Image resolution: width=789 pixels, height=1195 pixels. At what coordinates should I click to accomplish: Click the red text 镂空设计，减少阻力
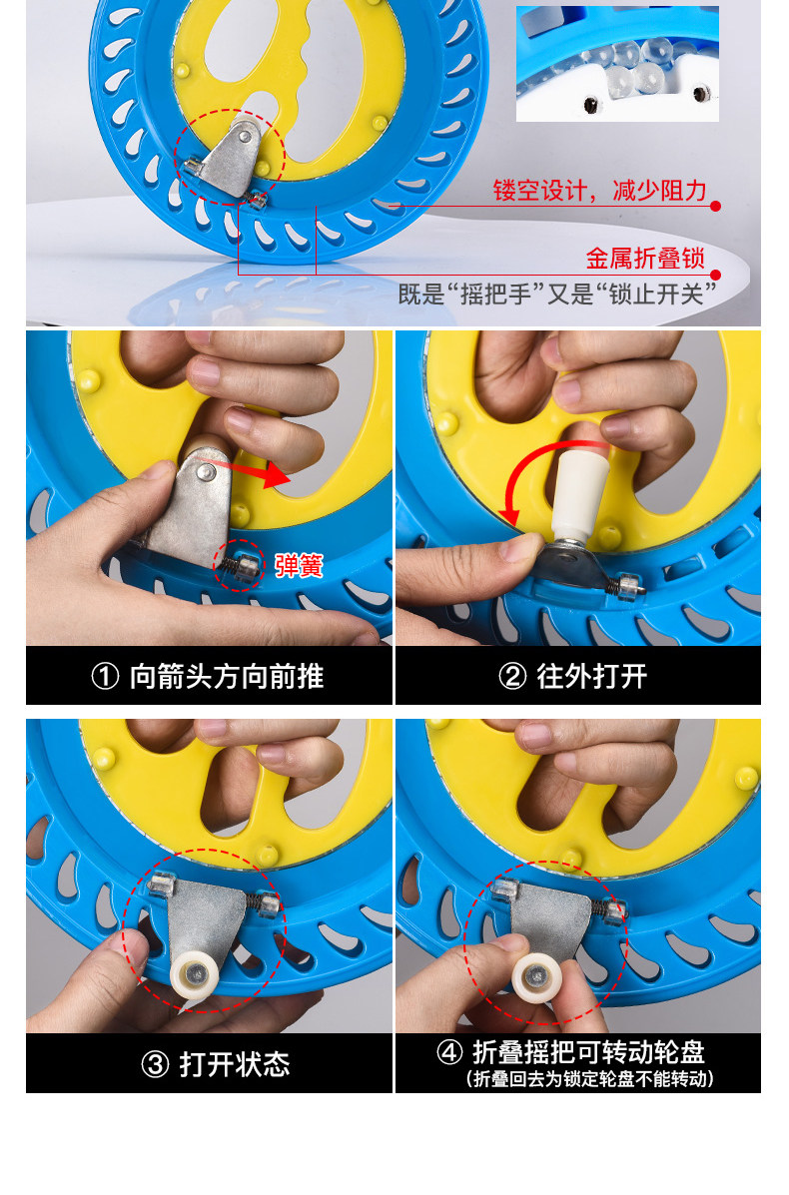point(599,190)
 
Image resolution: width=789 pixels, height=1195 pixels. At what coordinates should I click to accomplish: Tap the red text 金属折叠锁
point(645,258)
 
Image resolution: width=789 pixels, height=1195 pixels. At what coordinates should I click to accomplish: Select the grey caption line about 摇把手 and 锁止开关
point(557,294)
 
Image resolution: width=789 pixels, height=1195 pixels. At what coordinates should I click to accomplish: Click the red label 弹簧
point(299,565)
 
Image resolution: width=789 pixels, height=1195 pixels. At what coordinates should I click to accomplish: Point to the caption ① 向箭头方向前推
point(208,676)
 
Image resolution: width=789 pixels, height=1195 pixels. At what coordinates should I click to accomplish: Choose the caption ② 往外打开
point(573,676)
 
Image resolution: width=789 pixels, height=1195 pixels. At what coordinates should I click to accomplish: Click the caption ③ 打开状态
point(216,1064)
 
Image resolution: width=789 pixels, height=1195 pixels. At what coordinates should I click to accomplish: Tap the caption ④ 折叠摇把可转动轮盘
point(571,1051)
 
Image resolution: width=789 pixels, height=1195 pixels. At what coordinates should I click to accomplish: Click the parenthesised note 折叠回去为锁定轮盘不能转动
point(590,1078)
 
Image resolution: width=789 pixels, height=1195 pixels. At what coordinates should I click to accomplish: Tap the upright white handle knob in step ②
point(579,495)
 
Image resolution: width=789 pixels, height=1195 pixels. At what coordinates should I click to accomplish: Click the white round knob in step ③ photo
point(195,977)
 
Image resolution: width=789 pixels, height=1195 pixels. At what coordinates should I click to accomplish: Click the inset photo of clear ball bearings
point(617,64)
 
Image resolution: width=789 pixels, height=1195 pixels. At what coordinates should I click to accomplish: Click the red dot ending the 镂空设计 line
point(715,206)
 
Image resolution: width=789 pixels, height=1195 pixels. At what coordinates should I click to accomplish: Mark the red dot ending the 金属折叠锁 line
point(715,275)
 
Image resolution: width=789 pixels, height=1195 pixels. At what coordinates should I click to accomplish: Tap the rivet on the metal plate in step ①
point(205,473)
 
